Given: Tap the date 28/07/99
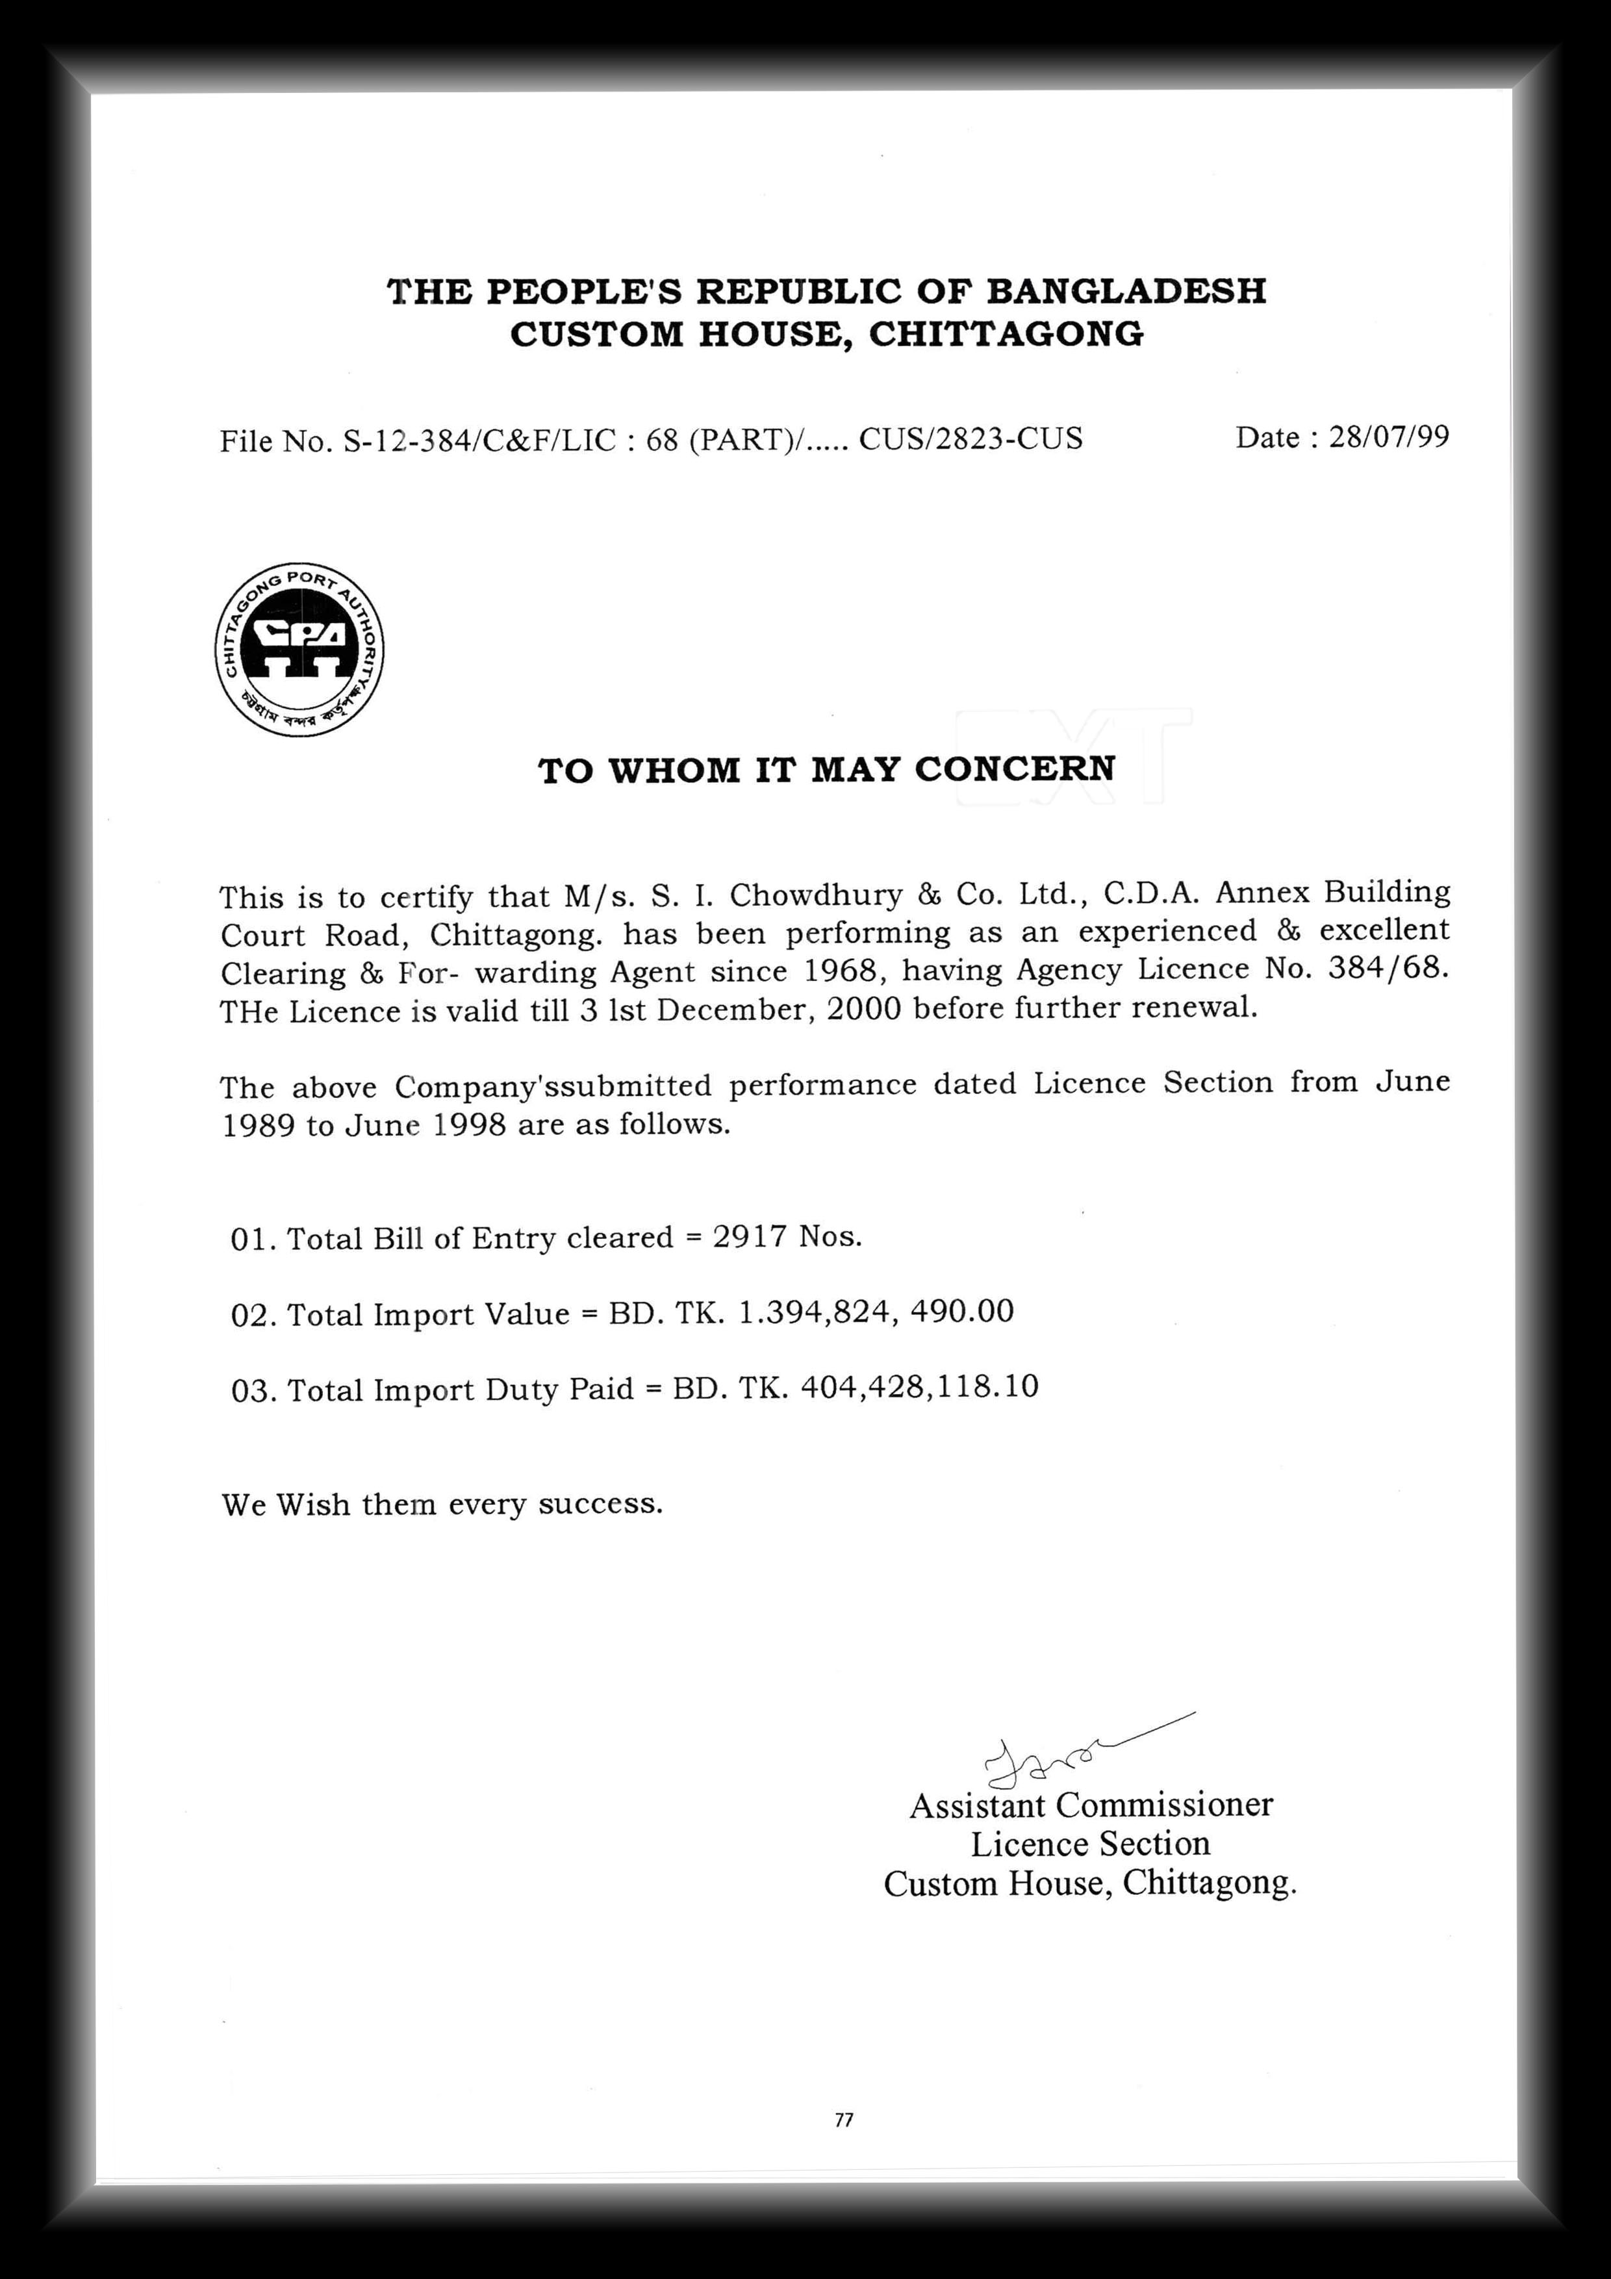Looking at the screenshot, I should [x=1389, y=437].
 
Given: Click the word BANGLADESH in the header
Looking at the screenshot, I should [x=1126, y=291].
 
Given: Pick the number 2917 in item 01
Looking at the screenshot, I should [x=750, y=1237].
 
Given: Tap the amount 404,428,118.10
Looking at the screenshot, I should [x=919, y=1386].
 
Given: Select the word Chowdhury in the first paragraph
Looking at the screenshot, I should [x=815, y=895].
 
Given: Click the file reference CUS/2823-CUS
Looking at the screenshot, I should [x=970, y=439].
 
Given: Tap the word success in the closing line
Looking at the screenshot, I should [x=600, y=1505].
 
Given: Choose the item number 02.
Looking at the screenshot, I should [x=252, y=1315].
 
